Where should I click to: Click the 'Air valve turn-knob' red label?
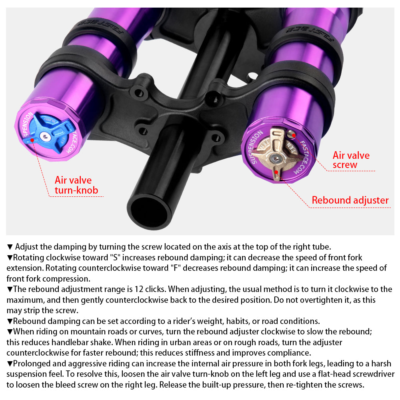coord(76,185)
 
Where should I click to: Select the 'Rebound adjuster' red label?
coord(350,200)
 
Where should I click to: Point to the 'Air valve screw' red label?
coord(351,160)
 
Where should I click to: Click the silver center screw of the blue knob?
coord(46,137)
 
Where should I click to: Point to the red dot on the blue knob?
coord(32,140)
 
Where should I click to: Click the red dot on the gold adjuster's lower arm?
coord(276,173)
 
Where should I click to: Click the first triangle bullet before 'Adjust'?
coord(10,247)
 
